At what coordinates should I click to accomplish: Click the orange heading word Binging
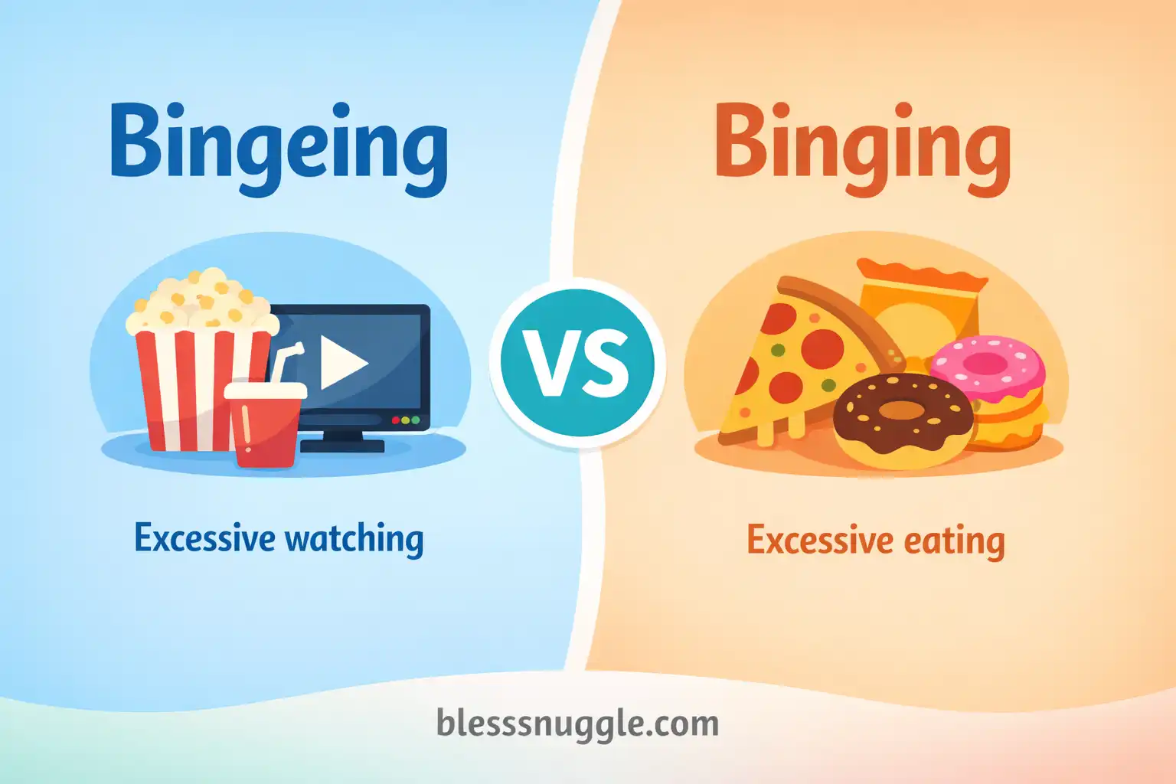pyautogui.click(x=862, y=145)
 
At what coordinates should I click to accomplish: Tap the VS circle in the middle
pyautogui.click(x=578, y=364)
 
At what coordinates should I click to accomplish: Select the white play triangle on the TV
pyautogui.click(x=342, y=362)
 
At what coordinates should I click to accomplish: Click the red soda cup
pyautogui.click(x=264, y=433)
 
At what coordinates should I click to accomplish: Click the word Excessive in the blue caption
pyautogui.click(x=204, y=538)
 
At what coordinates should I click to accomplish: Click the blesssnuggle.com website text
pyautogui.click(x=577, y=724)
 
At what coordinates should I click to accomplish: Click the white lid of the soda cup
pyautogui.click(x=265, y=390)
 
